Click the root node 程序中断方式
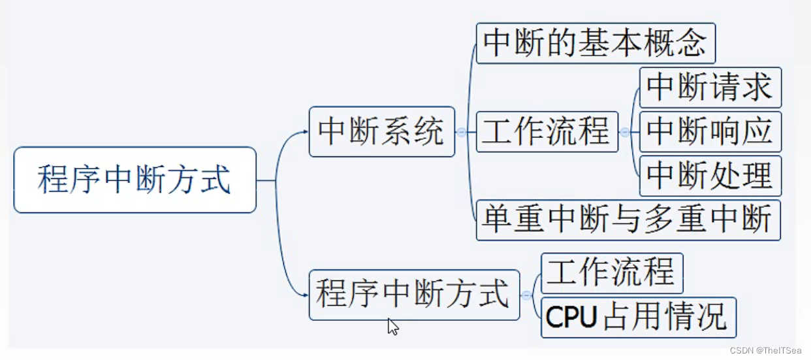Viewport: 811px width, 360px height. click(135, 180)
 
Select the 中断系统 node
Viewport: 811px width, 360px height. click(381, 132)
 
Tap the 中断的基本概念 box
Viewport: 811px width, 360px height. click(595, 43)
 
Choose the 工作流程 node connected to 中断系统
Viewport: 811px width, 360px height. click(547, 131)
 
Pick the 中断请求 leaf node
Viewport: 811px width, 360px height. click(710, 88)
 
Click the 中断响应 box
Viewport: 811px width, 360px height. click(710, 131)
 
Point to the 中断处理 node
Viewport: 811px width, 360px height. click(710, 175)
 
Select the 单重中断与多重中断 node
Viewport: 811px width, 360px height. click(628, 220)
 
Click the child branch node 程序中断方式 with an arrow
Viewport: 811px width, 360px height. click(413, 295)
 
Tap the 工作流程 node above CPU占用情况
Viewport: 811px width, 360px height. click(612, 273)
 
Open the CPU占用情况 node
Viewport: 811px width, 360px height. click(638, 318)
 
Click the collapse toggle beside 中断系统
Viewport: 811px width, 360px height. click(462, 132)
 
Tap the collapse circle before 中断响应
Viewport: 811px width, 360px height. click(625, 132)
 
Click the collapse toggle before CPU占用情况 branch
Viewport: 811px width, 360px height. click(526, 295)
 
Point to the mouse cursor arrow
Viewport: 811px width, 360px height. click(392, 325)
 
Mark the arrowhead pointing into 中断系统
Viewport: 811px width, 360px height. click(305, 132)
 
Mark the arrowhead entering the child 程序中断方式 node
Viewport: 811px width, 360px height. click(305, 295)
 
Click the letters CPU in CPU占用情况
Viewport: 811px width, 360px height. click(571, 318)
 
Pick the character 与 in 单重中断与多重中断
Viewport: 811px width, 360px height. click(628, 220)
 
